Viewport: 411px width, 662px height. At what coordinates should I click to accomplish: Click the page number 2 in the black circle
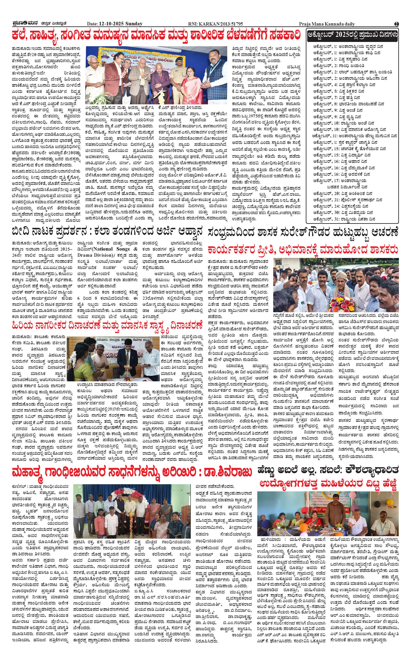(x=396, y=24)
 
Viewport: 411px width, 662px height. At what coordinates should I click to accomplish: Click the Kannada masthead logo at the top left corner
(x=20, y=24)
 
